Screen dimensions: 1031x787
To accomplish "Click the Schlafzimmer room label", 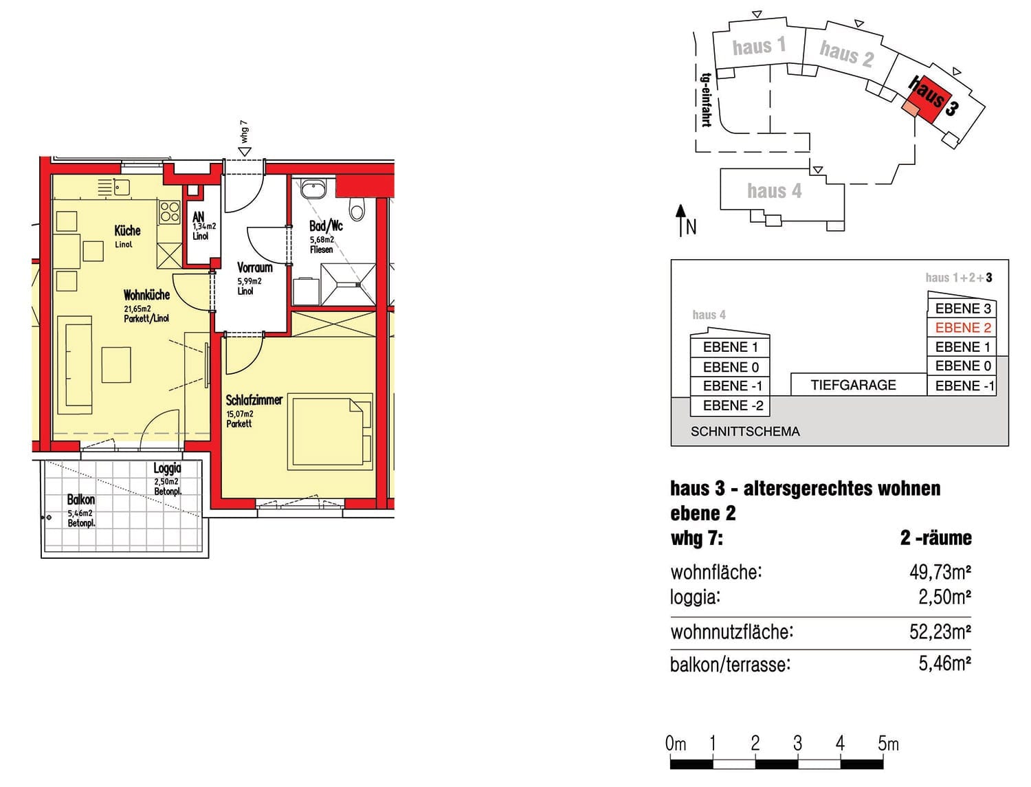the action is point(254,400).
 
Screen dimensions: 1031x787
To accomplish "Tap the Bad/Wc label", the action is point(326,226).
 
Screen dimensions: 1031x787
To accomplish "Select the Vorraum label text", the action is point(254,267).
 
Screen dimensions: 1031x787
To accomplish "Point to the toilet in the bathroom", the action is point(357,208).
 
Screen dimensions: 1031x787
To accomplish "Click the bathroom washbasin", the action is point(312,189).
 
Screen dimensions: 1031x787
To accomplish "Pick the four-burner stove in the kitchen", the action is point(170,211).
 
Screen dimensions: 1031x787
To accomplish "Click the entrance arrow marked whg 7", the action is point(245,151).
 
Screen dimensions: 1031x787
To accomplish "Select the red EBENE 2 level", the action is point(962,328).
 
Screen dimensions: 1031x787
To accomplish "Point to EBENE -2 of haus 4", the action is point(733,406).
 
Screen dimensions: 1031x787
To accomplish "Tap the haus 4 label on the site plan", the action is point(774,191).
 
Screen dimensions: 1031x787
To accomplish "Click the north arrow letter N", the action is point(691,228).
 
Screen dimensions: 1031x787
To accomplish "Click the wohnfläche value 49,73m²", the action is point(940,573).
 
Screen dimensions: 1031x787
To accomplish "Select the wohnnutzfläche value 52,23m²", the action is point(940,632).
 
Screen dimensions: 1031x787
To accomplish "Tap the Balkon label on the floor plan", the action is point(81,499).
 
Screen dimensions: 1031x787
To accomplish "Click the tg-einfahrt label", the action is point(706,100).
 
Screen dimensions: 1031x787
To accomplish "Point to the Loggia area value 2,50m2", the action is point(166,482).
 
